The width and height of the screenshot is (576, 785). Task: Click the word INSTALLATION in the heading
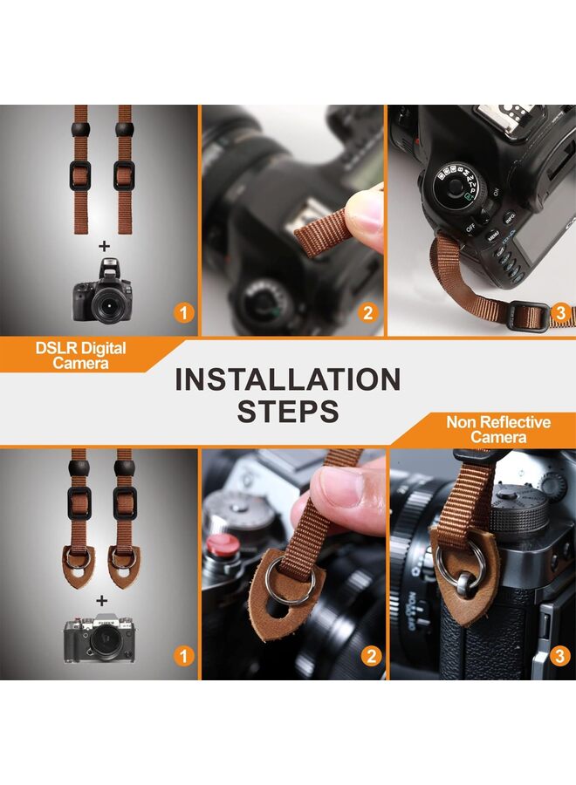coord(288,379)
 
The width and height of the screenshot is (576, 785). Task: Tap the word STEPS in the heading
coord(288,411)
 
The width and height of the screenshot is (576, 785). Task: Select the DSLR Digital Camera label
coord(80,355)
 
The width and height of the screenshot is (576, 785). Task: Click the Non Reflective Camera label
coord(498,429)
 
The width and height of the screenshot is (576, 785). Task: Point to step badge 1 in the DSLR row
coord(184,313)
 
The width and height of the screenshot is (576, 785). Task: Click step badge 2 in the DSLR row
coord(368,313)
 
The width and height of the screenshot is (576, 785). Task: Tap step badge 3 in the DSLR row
coord(560,313)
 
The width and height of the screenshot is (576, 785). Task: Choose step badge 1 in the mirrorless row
coord(184,656)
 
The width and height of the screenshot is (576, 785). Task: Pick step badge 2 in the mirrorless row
coord(371,656)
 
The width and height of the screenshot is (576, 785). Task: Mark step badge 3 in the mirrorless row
coord(560,656)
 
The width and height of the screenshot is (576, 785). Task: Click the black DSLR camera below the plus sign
coord(103,290)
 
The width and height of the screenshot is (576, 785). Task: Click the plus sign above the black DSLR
coord(104,246)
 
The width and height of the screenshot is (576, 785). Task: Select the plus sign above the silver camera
coord(102,600)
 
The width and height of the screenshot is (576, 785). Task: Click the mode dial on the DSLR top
coord(458,186)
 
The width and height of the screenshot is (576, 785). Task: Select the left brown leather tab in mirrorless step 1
coord(79,567)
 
